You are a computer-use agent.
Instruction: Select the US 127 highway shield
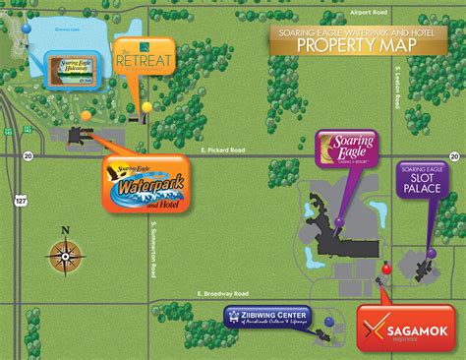(x=21, y=199)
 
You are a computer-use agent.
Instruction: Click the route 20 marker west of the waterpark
(x=28, y=154)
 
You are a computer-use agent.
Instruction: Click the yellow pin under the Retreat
(x=146, y=106)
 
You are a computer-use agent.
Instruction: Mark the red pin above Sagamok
(x=386, y=267)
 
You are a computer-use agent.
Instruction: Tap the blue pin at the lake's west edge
(x=26, y=30)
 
